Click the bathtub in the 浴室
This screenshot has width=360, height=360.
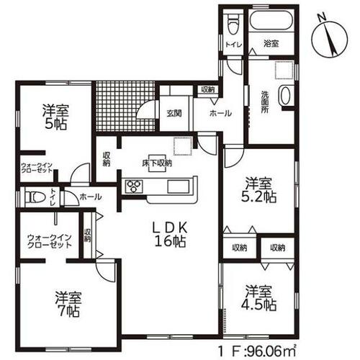[x=271, y=20]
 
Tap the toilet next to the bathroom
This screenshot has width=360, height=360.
[x=233, y=24]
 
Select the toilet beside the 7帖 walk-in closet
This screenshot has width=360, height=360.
[x=35, y=197]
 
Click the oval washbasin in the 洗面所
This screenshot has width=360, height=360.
[x=285, y=95]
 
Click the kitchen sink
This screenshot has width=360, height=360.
[x=179, y=186]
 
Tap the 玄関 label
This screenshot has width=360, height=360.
[x=174, y=113]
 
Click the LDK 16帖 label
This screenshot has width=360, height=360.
[x=170, y=234]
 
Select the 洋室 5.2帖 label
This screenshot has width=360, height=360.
[x=258, y=190]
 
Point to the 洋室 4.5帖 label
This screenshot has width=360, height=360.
[x=258, y=297]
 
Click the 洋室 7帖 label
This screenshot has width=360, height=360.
[x=68, y=304]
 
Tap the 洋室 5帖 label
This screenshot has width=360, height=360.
[x=55, y=117]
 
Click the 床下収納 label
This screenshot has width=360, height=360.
[x=157, y=163]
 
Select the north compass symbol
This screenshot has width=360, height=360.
[x=329, y=39]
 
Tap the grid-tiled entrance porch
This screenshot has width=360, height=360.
[x=125, y=107]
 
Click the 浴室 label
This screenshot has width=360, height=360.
[x=271, y=44]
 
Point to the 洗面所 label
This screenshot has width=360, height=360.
[x=265, y=102]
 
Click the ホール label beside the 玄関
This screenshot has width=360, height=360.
[x=220, y=113]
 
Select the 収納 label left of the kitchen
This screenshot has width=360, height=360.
[x=107, y=159]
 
